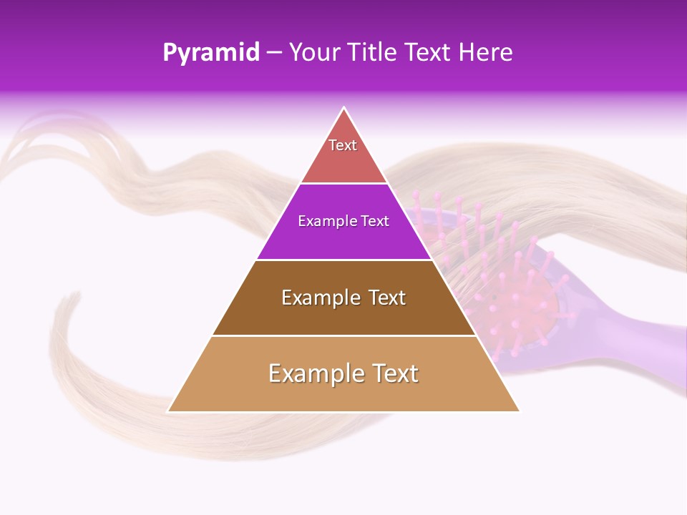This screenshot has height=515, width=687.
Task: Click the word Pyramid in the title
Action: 211,53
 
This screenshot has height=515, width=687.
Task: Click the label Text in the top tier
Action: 343,145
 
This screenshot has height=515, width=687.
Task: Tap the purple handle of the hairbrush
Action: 630,336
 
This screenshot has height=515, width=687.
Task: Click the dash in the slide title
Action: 274,53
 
